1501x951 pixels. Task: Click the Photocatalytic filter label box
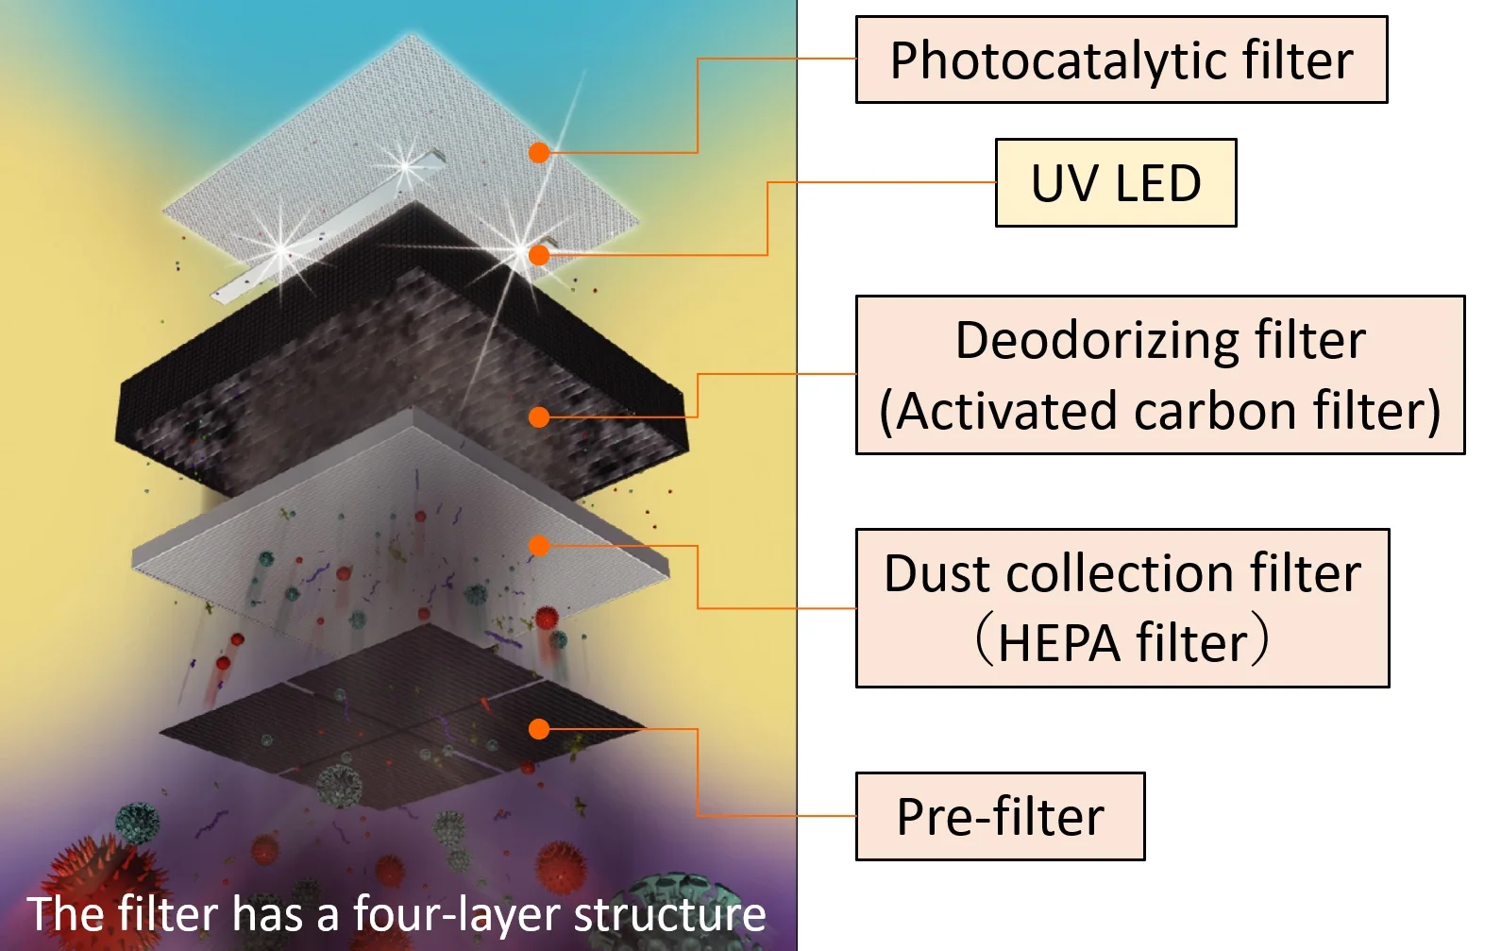(1121, 59)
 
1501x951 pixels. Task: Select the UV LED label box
(1115, 183)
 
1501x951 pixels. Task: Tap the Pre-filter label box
(1000, 817)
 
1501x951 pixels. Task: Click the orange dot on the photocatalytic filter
(539, 153)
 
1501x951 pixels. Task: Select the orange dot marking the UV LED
(539, 255)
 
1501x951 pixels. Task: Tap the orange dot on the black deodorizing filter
(539, 416)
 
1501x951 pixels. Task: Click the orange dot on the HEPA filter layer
(539, 546)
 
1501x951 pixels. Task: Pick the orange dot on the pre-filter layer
(539, 729)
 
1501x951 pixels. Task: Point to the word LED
(1157, 183)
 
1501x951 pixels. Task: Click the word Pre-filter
(1000, 817)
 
